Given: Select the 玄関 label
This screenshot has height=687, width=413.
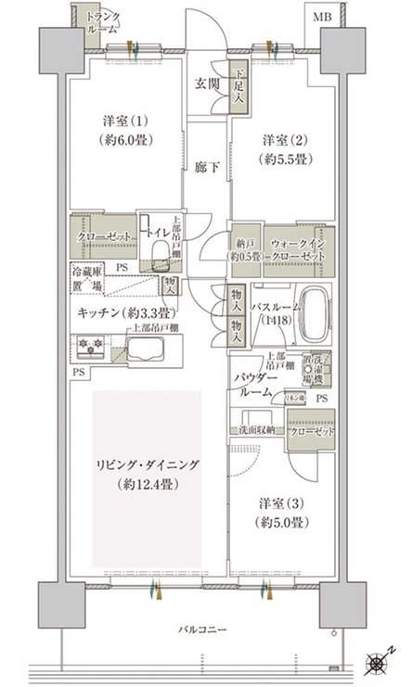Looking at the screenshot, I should [206, 83].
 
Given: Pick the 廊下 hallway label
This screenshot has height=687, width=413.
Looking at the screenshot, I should [205, 169].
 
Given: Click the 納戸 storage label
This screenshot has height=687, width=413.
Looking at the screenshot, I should [244, 249].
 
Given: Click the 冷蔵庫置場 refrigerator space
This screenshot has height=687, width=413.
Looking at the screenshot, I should [88, 279].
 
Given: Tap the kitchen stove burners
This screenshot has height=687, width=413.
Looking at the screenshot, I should [91, 350].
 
